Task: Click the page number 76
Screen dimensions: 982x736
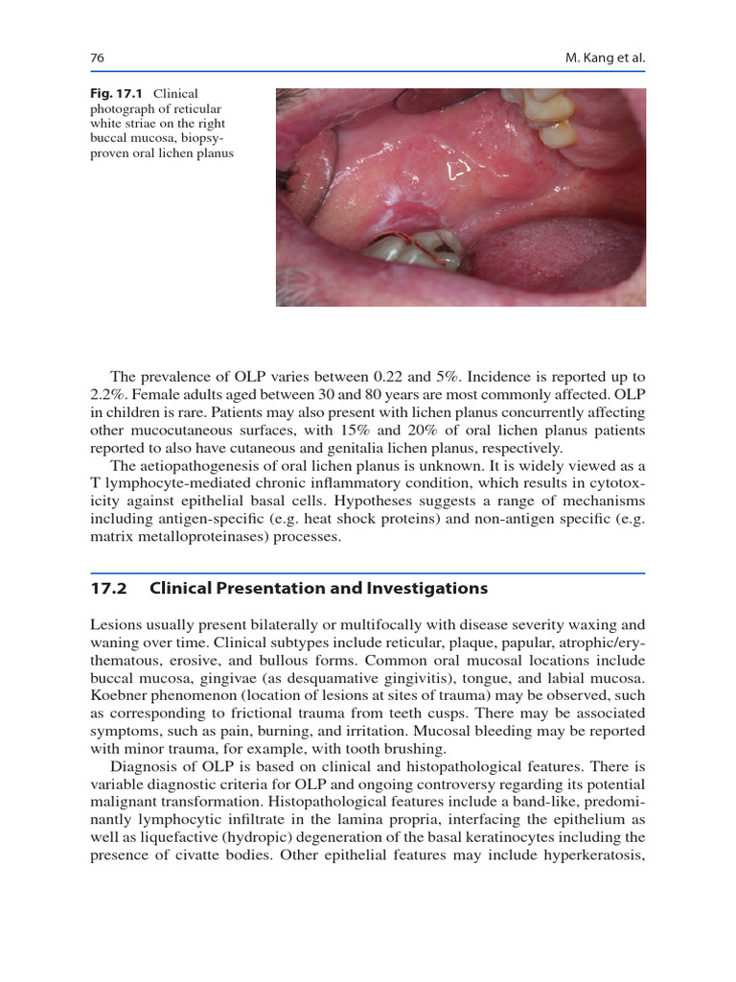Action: [x=97, y=58]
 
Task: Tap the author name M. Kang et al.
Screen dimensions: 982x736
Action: [x=607, y=58]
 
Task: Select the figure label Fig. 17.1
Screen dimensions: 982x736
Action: [x=116, y=94]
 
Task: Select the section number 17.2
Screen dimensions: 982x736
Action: [x=107, y=588]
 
